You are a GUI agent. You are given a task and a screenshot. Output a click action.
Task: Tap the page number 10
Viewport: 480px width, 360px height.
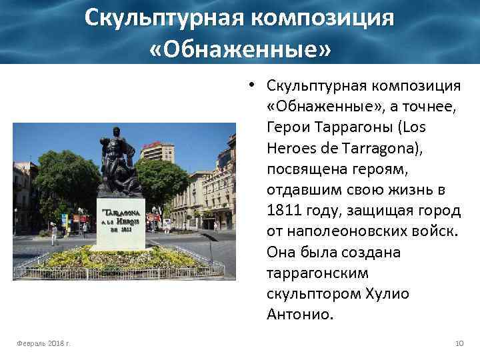click(459, 343)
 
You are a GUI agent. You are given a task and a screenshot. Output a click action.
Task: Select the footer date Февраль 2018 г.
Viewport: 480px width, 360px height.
click(44, 343)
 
